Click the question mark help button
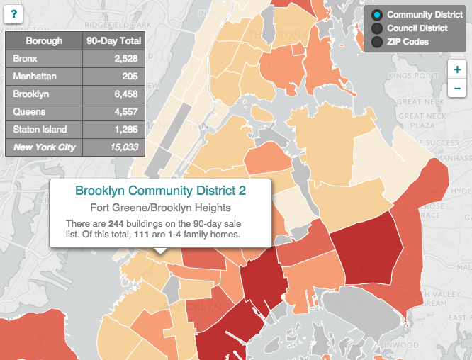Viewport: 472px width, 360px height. click(14, 13)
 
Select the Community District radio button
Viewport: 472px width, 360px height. click(377, 15)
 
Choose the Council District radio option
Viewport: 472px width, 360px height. click(377, 28)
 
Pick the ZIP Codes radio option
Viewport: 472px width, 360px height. click(377, 42)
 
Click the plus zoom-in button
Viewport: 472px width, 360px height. click(457, 70)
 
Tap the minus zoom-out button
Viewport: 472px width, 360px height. click(457, 88)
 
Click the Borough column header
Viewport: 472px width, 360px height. click(44, 41)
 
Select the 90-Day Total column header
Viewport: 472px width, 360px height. click(113, 41)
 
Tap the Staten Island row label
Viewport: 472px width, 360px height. click(40, 129)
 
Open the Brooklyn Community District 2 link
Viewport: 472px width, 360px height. click(160, 191)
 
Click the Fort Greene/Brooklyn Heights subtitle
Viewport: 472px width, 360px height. click(160, 208)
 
